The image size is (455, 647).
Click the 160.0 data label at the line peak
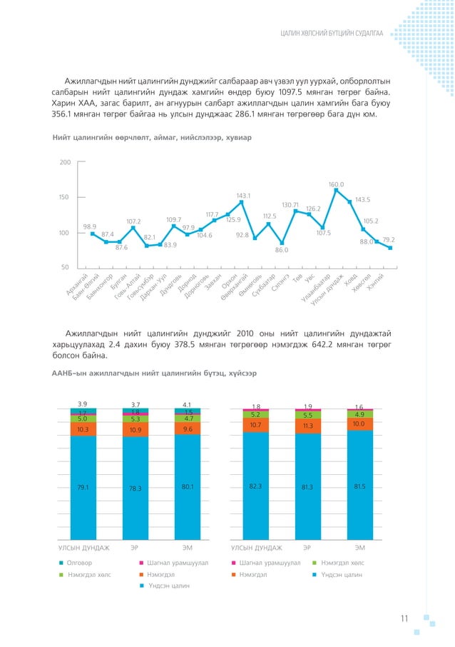(337, 185)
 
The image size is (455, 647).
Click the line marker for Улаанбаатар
(336, 190)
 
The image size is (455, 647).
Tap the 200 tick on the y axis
(65, 163)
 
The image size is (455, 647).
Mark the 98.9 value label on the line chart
(90, 226)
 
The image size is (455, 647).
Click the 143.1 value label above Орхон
(243, 195)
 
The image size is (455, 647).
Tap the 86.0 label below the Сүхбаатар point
(282, 250)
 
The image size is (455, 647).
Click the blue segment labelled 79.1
(83, 488)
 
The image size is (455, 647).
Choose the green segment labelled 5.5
(308, 415)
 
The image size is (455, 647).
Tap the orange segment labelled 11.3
(308, 426)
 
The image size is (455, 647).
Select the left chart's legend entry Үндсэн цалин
(165, 586)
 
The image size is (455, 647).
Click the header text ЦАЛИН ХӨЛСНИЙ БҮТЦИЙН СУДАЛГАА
(332, 34)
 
